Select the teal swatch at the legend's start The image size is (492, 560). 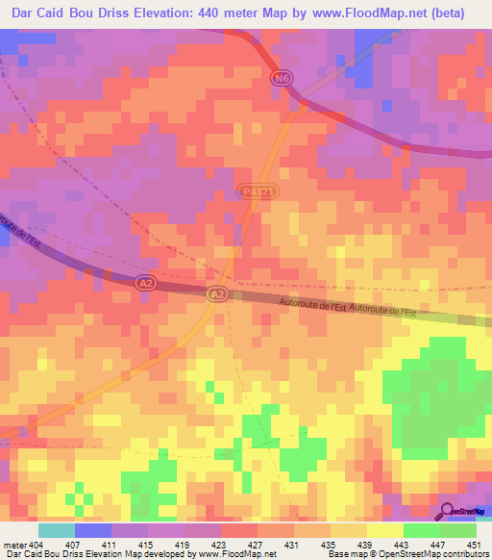[57, 530]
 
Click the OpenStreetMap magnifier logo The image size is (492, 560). [448, 512]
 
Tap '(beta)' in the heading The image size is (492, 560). [449, 13]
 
